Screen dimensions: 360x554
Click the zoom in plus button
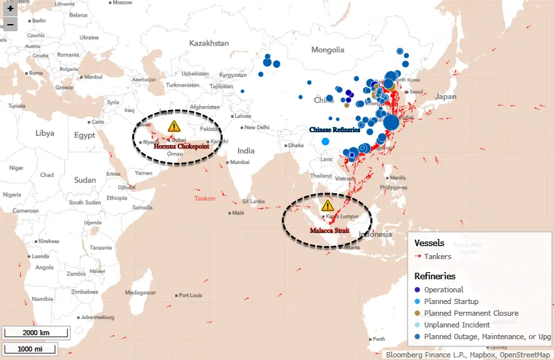(x=10, y=9)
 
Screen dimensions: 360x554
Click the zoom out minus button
(x=10, y=25)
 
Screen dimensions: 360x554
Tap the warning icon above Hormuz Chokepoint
(x=173, y=126)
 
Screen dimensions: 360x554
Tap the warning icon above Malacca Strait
(x=327, y=206)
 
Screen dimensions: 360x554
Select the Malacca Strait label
(x=329, y=230)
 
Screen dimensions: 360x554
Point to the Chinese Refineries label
(x=335, y=130)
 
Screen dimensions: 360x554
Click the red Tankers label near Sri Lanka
(x=205, y=198)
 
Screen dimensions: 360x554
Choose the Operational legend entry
(x=443, y=290)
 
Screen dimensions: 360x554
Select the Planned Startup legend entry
(x=451, y=301)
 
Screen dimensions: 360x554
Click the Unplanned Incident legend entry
(x=456, y=325)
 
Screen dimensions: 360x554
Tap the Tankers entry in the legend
(x=437, y=256)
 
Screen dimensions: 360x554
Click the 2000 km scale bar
(x=36, y=333)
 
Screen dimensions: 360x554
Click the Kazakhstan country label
(x=209, y=43)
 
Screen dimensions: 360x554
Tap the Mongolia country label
(x=327, y=50)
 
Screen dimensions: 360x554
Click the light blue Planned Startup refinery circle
(x=325, y=141)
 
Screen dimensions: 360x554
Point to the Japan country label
(x=446, y=96)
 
